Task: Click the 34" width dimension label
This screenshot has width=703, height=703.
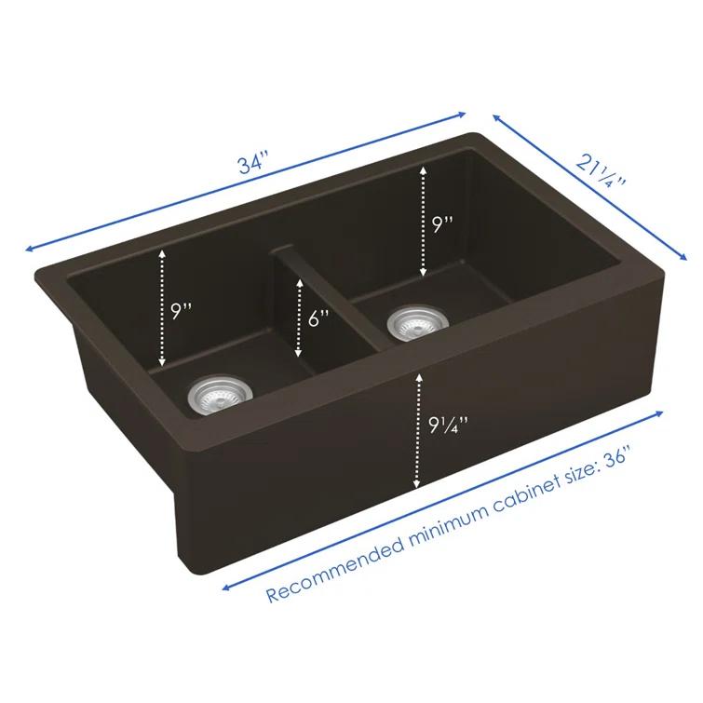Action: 250,165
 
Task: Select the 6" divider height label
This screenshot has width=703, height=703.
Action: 318,318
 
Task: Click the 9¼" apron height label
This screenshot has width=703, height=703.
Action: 449,426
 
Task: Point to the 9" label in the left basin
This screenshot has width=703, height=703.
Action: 181,310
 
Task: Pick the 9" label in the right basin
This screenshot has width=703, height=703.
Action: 441,223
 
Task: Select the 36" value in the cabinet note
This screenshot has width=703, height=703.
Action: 616,458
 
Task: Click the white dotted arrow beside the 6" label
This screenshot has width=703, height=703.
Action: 298,318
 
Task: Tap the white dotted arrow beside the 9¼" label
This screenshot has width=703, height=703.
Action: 417,428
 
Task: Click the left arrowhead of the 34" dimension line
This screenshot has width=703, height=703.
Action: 31,249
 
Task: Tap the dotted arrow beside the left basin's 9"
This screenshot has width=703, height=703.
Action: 163,307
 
